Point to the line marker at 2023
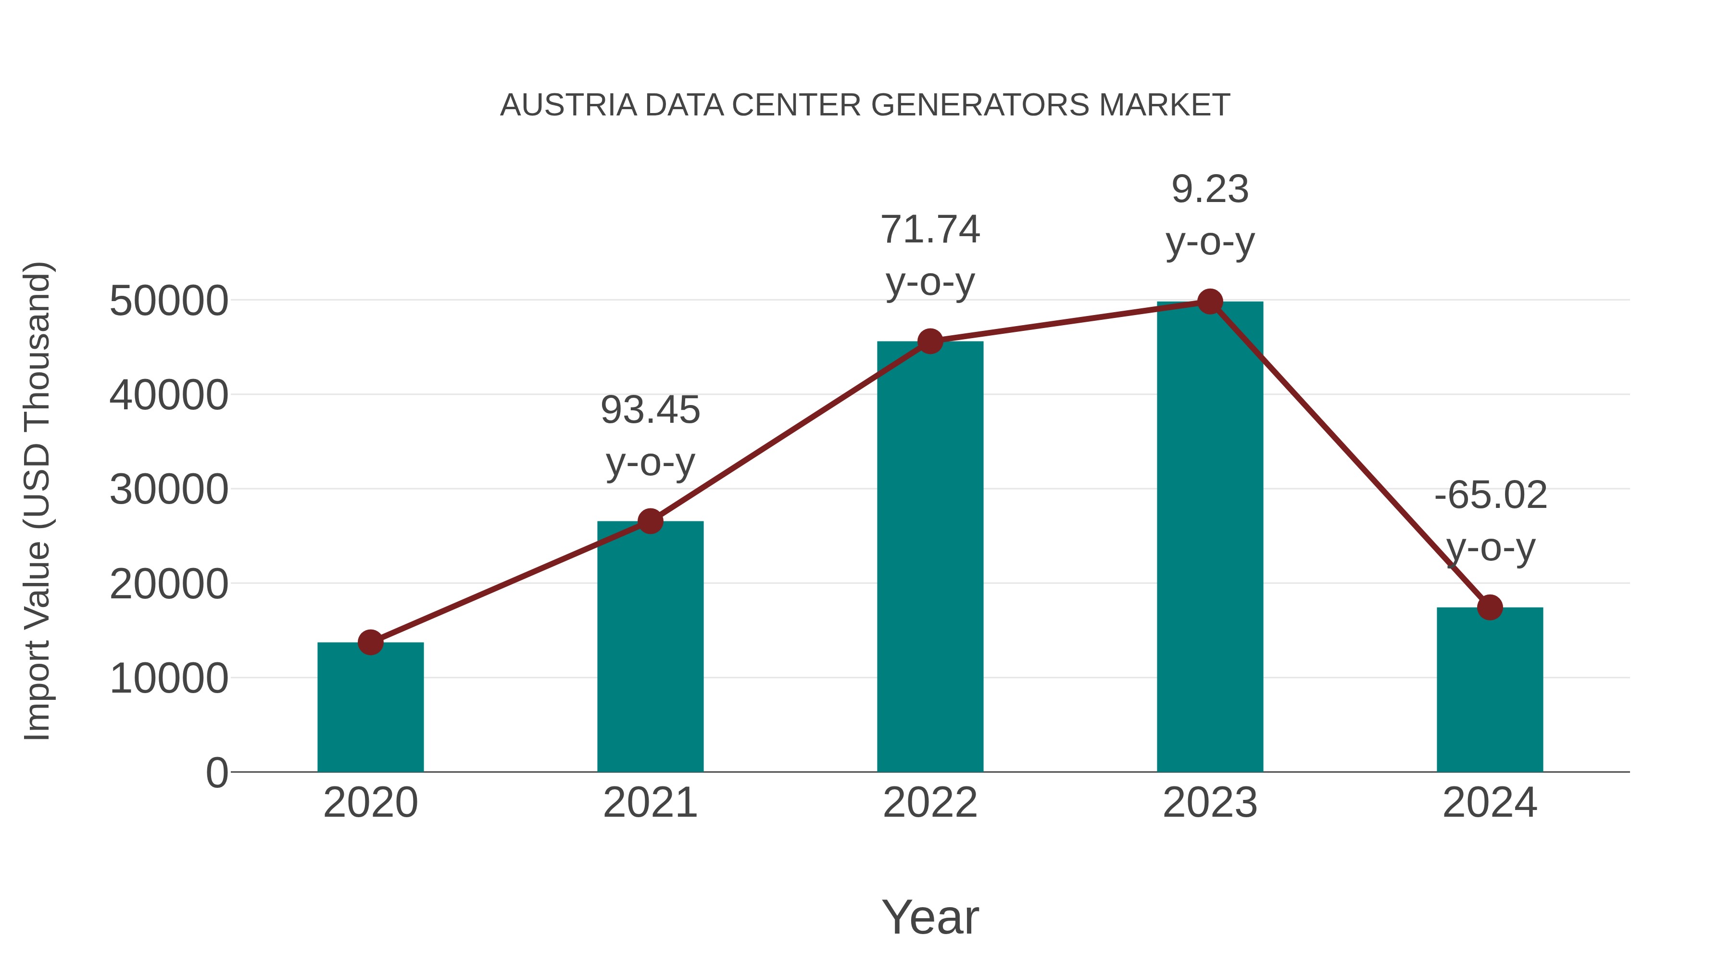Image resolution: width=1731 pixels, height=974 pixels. pos(1210,302)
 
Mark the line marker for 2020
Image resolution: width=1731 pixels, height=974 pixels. pos(370,642)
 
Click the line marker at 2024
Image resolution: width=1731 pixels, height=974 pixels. pos(1490,607)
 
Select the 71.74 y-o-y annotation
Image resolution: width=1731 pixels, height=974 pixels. pos(930,255)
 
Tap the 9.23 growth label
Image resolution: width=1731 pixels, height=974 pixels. pos(1210,215)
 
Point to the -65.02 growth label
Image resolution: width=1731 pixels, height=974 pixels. pos(1490,521)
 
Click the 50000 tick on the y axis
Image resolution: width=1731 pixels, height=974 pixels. pos(169,301)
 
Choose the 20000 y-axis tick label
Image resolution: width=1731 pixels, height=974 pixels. pos(169,583)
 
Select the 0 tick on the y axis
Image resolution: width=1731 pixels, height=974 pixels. pos(217,772)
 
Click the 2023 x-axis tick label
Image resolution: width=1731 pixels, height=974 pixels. pos(1210,803)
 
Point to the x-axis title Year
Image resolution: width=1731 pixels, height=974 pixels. pos(930,917)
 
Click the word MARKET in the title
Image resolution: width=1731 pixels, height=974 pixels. pos(1164,105)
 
